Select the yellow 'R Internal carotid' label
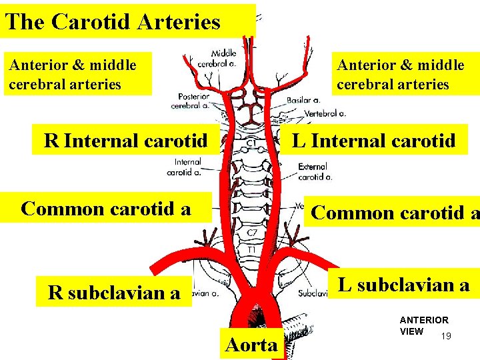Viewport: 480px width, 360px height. (x=125, y=141)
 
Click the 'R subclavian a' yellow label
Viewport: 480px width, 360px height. (x=114, y=293)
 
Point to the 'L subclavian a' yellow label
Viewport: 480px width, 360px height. (x=403, y=285)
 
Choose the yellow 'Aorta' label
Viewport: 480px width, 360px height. (x=251, y=345)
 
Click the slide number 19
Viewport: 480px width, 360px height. (x=446, y=336)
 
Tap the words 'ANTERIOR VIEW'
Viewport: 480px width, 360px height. (x=423, y=325)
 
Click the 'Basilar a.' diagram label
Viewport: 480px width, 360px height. (x=303, y=100)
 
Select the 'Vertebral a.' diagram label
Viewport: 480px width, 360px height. (x=325, y=113)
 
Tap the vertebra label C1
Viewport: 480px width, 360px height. (x=253, y=142)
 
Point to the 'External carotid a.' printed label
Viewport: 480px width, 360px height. (x=315, y=171)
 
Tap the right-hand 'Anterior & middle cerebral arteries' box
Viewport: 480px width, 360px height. (x=401, y=75)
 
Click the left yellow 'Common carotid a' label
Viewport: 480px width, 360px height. (x=106, y=209)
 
